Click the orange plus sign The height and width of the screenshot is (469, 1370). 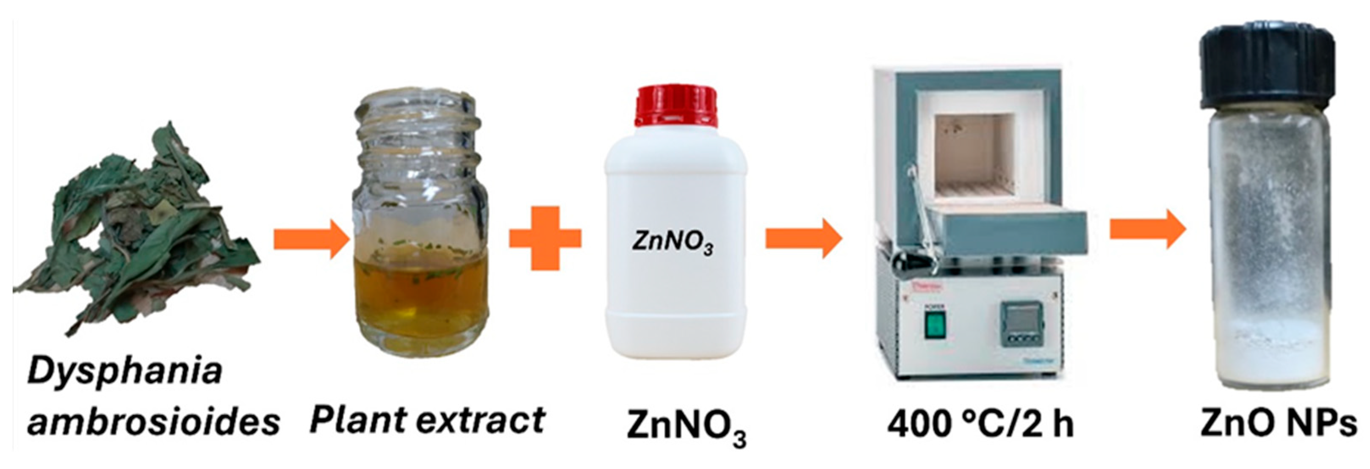coord(545,238)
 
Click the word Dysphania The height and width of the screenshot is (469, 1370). coord(125,372)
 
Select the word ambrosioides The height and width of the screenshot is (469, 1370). coord(154,423)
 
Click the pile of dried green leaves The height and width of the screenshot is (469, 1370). coord(133,229)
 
